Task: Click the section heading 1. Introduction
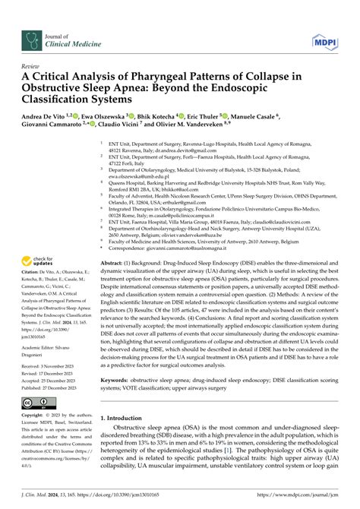(x=125, y=417)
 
